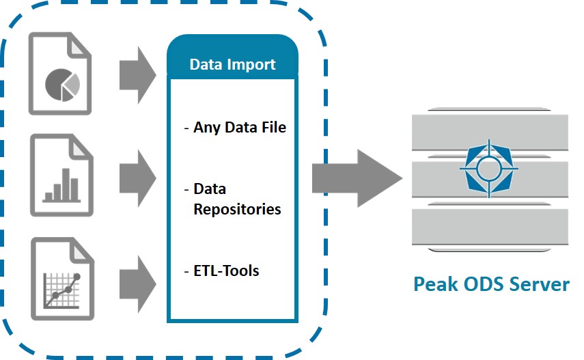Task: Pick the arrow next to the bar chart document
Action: point(136,179)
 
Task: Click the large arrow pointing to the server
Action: point(355,179)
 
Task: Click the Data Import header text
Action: point(232,65)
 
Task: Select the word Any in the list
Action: point(206,128)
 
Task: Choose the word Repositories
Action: point(237,209)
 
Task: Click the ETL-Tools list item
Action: point(225,271)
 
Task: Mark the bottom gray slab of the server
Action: point(489,227)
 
